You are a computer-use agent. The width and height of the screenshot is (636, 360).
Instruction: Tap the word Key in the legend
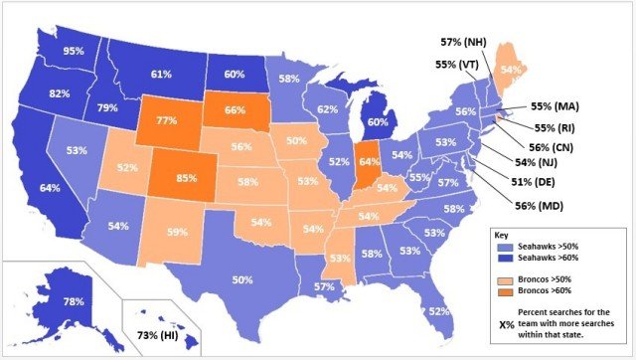click(504, 235)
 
